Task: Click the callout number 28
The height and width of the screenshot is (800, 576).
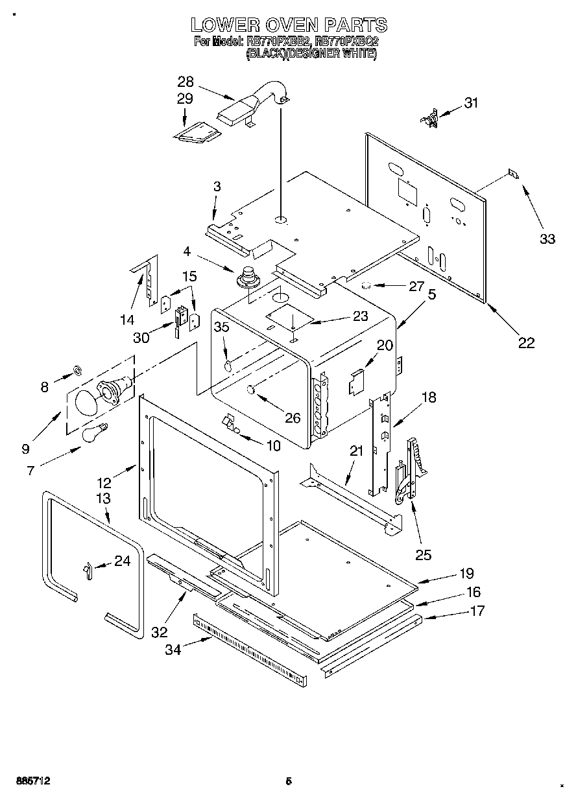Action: (186, 82)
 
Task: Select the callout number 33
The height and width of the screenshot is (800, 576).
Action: (547, 239)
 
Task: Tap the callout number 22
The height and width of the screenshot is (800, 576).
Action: (526, 343)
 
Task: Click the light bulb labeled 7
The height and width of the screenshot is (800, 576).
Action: (95, 432)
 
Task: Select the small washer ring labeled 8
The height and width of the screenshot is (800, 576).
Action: (77, 370)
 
